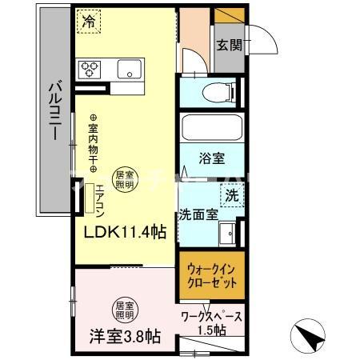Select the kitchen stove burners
tap(87, 69)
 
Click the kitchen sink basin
tap(129, 70)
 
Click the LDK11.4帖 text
tap(127, 232)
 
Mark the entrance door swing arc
tap(262, 40)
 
